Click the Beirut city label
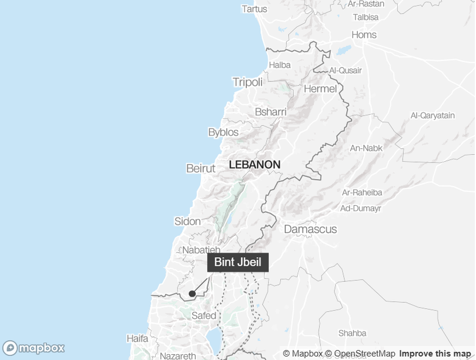click(x=200, y=168)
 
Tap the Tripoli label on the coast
click(x=247, y=82)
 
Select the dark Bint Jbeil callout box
click(x=238, y=262)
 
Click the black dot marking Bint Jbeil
click(x=192, y=294)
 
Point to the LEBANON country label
click(x=254, y=165)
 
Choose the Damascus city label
click(x=310, y=229)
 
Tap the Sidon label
click(x=187, y=222)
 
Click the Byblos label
click(x=223, y=132)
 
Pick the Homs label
click(x=364, y=35)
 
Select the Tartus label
click(x=254, y=9)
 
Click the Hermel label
click(x=320, y=89)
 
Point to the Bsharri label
click(x=271, y=112)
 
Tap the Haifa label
click(x=138, y=339)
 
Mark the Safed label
click(x=204, y=315)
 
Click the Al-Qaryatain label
click(x=433, y=115)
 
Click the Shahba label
click(x=353, y=333)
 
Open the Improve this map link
click(x=436, y=354)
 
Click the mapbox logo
click(x=33, y=348)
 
